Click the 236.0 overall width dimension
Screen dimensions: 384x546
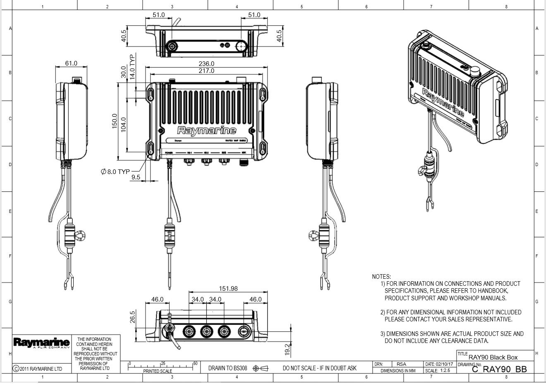(x=206, y=63)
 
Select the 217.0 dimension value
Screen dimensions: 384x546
(x=206, y=71)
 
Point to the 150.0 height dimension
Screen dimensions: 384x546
(x=115, y=121)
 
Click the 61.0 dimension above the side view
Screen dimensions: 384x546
(x=71, y=63)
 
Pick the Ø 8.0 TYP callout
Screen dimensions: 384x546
(x=115, y=171)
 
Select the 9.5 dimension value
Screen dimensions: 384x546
(x=136, y=177)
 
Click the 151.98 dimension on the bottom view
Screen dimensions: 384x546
(x=228, y=289)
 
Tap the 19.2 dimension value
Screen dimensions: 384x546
(x=288, y=350)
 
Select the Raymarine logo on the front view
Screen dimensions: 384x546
(x=206, y=130)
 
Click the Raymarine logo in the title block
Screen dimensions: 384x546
(x=41, y=343)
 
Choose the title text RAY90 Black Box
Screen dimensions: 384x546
(x=493, y=357)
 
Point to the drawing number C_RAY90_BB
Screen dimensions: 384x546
(x=499, y=369)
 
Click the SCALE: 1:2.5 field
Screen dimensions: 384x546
(x=438, y=371)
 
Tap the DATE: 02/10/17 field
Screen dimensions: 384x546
(x=439, y=364)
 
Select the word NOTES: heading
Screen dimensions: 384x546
(x=381, y=276)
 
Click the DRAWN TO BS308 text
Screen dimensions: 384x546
(x=227, y=368)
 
